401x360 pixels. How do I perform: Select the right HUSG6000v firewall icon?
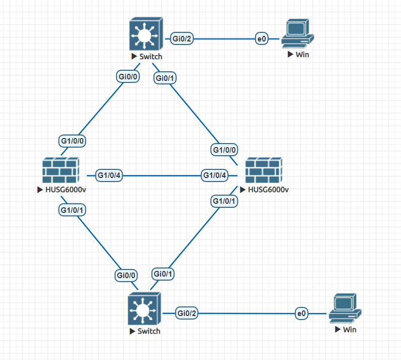pos(263,170)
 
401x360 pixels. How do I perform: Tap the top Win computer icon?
pos(298,34)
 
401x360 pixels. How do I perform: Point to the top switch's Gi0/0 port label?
pos(128,77)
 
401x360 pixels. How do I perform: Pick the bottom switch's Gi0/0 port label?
pos(126,276)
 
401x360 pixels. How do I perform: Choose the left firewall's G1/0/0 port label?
pos(73,140)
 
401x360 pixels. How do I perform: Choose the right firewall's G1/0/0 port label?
pos(225,150)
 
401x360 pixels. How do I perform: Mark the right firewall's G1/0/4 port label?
pos(215,175)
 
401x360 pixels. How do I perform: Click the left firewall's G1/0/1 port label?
pos(72,209)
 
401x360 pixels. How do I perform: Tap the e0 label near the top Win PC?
pos(261,38)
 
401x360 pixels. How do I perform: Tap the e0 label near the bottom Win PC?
pos(302,314)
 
